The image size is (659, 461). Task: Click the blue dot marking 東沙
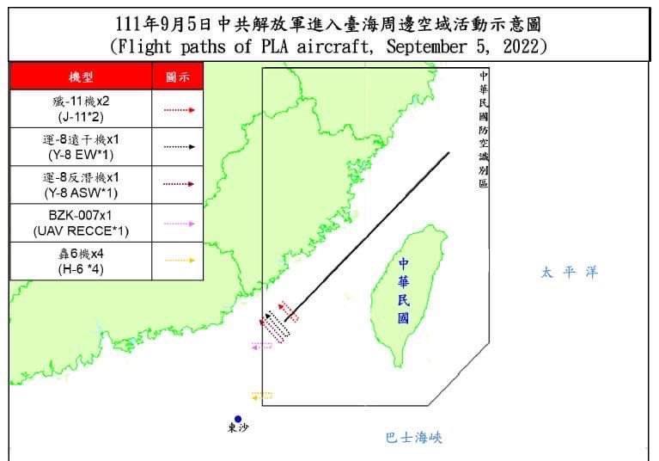click(238, 419)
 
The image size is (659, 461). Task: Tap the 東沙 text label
click(238, 429)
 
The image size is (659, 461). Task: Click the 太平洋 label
click(568, 273)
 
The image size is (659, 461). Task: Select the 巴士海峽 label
click(413, 438)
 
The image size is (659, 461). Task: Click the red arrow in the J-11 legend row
click(179, 110)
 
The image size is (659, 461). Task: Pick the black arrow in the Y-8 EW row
click(179, 147)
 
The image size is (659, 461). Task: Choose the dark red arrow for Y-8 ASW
click(179, 184)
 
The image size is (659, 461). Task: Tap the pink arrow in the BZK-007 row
click(179, 223)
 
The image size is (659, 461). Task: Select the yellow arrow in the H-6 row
click(179, 260)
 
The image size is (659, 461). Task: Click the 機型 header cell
click(81, 77)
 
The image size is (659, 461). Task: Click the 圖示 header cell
click(178, 77)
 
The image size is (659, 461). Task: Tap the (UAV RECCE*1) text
click(81, 230)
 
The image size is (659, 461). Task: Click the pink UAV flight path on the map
click(261, 346)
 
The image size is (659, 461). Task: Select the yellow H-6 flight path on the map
click(261, 396)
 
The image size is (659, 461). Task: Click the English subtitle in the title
click(329, 46)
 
